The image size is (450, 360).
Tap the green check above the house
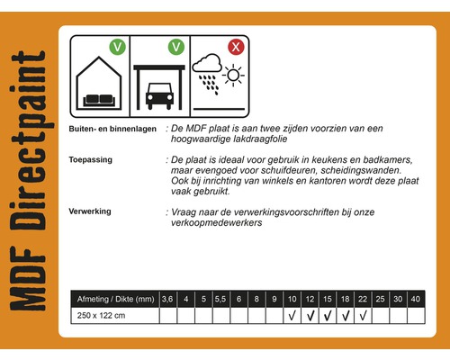117,46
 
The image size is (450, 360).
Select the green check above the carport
176,45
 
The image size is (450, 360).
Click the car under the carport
159,93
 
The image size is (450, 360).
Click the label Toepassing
91,159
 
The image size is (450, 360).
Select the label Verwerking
91,211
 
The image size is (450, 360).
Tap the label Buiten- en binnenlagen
113,130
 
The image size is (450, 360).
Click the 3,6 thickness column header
167,299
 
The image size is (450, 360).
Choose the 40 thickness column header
414,299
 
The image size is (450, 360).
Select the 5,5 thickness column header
220,299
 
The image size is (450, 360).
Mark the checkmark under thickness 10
291,316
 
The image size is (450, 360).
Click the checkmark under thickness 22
362,316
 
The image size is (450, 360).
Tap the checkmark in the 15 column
326,316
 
